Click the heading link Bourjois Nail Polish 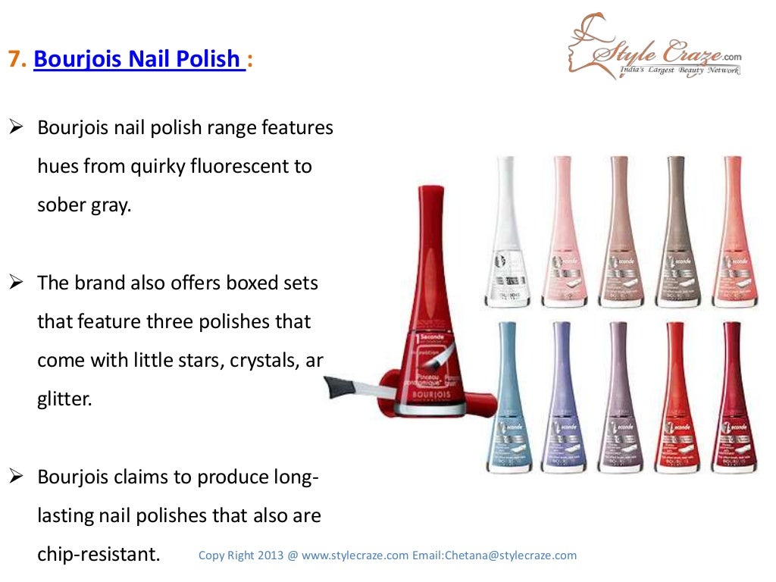(x=139, y=58)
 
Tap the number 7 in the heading (x=14, y=59)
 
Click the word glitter (x=64, y=399)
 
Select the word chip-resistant (x=99, y=554)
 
